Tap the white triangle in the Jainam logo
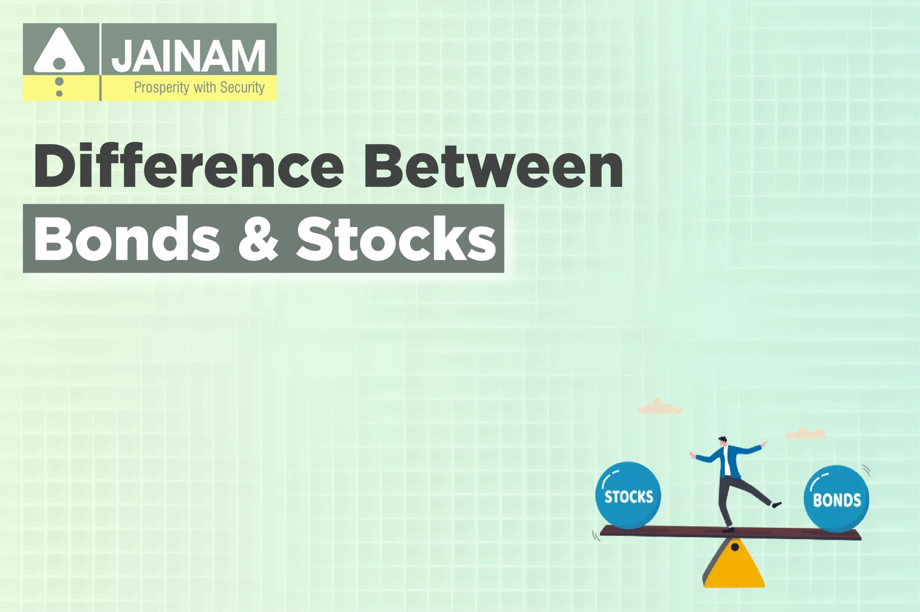59,53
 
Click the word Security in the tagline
242,87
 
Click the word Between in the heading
493,166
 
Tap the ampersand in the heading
258,239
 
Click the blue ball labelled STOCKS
628,495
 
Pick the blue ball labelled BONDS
837,498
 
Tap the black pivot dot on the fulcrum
735,547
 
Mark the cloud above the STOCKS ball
659,407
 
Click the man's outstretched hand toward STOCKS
693,455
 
